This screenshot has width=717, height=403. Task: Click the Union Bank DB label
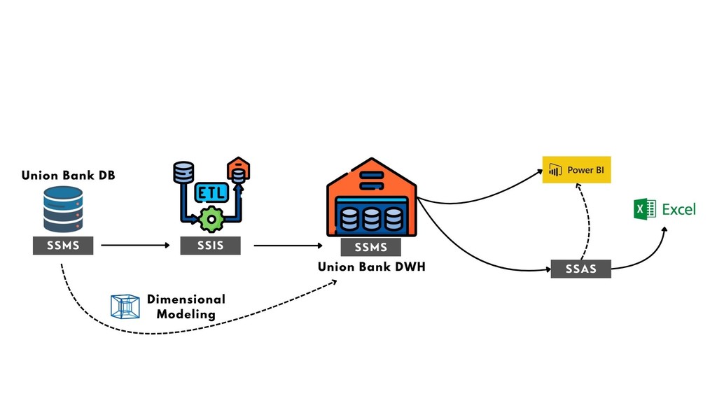point(68,176)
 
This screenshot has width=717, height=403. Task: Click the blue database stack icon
point(63,209)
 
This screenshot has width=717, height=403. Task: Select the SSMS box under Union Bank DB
point(63,246)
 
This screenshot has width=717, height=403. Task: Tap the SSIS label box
point(210,246)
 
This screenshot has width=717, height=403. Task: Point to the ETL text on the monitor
point(211,192)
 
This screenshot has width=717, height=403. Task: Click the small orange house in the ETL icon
point(239,168)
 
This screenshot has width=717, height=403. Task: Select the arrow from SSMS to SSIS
point(135,246)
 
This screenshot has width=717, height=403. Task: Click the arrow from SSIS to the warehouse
point(288,246)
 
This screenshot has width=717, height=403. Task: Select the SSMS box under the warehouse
point(371,247)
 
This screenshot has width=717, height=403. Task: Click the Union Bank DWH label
point(371,267)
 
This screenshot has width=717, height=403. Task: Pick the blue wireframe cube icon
point(125,306)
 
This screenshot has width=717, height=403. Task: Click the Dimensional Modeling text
point(186,306)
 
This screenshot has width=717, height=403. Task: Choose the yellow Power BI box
point(576,170)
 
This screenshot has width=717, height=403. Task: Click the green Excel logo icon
point(643,209)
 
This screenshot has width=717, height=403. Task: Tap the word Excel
point(678,209)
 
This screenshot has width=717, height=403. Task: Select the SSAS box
point(580,269)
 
